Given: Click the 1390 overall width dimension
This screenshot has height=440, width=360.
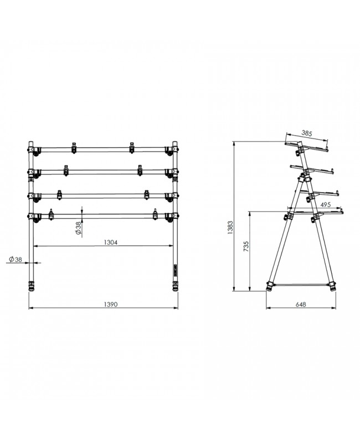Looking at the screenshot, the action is [110, 304].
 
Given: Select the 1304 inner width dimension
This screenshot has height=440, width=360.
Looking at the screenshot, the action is [110, 243].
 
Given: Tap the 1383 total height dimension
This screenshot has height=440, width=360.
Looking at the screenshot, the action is [230, 228].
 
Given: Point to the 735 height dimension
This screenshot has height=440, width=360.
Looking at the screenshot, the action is [246, 246].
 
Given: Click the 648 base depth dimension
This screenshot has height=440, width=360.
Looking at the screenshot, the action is [301, 304].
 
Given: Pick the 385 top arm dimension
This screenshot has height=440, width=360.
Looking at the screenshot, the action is [307, 134].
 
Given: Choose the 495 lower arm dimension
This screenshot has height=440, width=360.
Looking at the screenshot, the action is [326, 204].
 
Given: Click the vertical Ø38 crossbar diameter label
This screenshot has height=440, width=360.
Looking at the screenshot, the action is [78, 228].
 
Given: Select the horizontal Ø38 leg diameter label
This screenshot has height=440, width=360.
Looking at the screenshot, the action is [16, 259].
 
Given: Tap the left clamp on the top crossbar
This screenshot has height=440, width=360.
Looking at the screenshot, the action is [74, 147].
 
